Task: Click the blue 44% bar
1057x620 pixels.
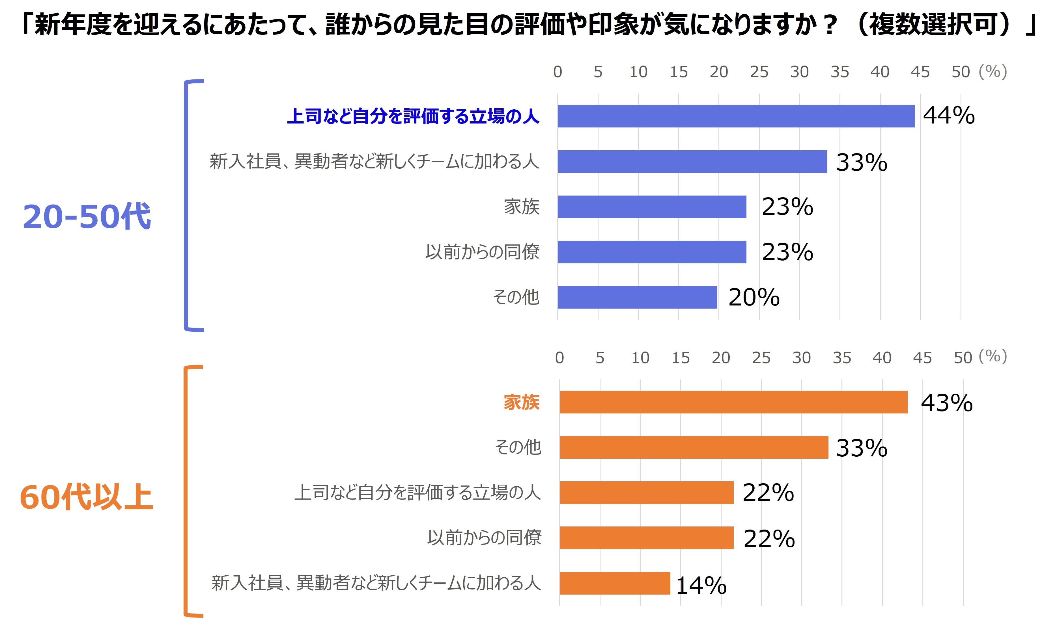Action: tap(736, 116)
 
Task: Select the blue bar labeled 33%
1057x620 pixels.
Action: tap(692, 161)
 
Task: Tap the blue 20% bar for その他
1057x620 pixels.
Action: tap(637, 297)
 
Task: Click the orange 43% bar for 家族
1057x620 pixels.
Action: tap(733, 402)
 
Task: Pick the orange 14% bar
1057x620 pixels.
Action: tap(615, 583)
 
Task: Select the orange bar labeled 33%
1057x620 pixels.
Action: tap(694, 447)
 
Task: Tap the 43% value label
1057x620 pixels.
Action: tap(947, 403)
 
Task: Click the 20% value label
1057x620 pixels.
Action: tap(754, 297)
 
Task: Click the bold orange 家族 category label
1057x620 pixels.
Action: tap(521, 402)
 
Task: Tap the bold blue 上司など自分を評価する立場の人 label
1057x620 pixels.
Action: tap(413, 116)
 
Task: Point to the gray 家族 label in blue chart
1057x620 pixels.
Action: tap(521, 207)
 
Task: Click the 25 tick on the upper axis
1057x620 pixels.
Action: tap(759, 72)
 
